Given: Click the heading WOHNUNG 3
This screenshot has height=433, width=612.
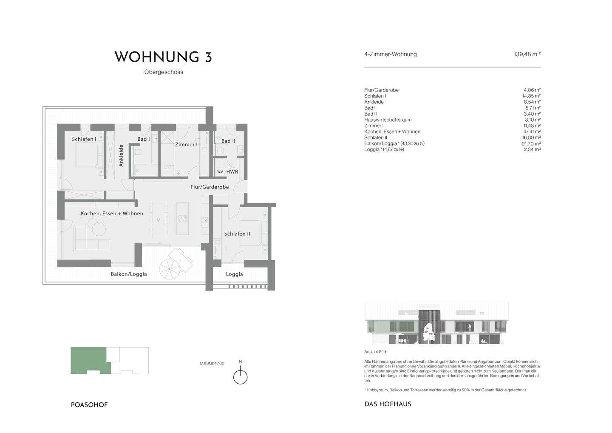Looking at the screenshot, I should [x=163, y=57].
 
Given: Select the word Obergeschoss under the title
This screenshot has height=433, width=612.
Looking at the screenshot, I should [x=164, y=72].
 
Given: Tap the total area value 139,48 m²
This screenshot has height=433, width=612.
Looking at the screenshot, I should [x=527, y=54].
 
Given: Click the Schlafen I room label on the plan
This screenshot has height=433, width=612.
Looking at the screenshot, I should [x=84, y=139].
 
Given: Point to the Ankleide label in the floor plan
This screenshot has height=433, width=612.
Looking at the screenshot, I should [x=121, y=155].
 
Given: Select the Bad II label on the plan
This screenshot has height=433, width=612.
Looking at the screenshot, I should [x=228, y=141].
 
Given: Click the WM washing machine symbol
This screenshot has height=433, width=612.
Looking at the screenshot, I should [x=220, y=172].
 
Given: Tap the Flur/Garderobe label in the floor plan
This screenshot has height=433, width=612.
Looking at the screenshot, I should [x=209, y=187].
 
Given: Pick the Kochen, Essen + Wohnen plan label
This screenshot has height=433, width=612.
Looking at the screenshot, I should [x=112, y=214].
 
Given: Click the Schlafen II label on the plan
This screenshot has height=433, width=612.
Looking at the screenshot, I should [x=237, y=234].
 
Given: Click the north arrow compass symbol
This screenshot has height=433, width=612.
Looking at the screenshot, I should [x=241, y=377].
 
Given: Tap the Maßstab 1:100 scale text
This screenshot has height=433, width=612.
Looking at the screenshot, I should [x=212, y=364].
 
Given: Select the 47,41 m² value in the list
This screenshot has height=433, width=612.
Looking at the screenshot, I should [x=532, y=132].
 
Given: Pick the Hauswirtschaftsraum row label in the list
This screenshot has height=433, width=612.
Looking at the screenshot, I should [x=388, y=120].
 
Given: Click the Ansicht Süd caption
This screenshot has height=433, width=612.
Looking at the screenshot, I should [x=375, y=352].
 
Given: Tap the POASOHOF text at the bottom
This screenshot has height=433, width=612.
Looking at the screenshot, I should [x=89, y=405].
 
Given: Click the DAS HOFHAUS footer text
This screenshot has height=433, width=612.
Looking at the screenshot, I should [x=388, y=405].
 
